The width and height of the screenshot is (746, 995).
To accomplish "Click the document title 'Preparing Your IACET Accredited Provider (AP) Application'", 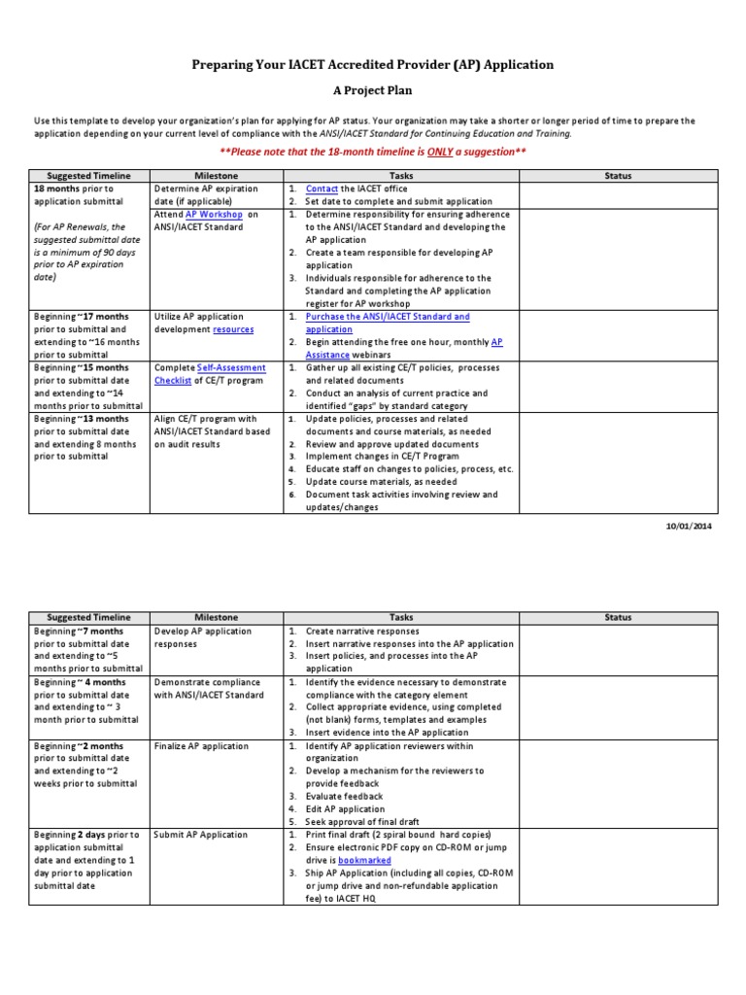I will pos(373,64).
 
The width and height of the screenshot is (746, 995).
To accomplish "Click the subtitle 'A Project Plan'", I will pos(373,89).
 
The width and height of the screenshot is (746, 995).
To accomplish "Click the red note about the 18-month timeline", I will pos(373,154).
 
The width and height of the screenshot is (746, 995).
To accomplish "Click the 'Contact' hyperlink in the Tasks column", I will pos(322,189).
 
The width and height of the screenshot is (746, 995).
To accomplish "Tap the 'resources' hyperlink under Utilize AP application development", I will pos(233,329).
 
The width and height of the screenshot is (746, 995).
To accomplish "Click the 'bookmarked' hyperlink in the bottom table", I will pos(365,861).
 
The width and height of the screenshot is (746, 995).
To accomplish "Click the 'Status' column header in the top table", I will pos(618,176).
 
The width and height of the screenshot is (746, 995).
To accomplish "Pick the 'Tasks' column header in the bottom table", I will pos(401,618).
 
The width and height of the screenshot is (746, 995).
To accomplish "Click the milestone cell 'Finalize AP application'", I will pos(201,746).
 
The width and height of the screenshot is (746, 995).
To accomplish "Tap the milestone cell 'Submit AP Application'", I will pos(200,835).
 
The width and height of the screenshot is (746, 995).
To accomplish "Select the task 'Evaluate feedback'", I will pos(344,797).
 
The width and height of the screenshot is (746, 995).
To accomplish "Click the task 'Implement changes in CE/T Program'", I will pos(382,456).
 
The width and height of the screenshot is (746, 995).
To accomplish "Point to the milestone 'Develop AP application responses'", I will pos(203,636).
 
